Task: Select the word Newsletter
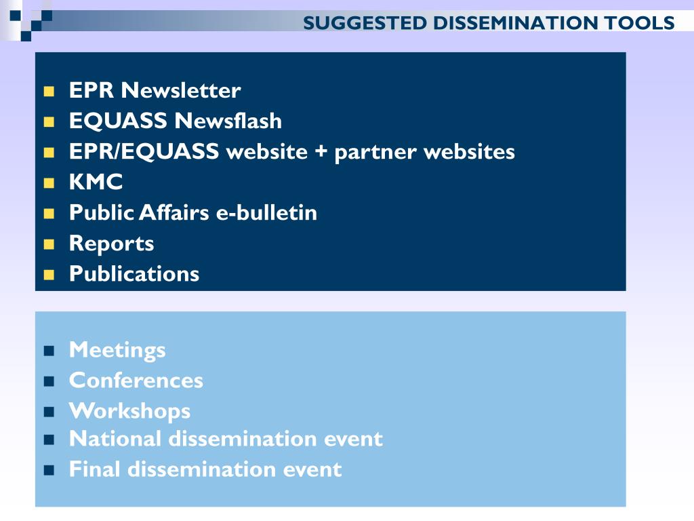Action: [181, 90]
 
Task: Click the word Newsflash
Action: [228, 121]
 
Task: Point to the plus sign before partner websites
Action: [321, 151]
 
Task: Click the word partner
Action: [375, 153]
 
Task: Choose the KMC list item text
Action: [96, 182]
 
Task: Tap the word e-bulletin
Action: [266, 212]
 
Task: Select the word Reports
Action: [112, 244]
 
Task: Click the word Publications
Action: [134, 274]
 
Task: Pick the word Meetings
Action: [117, 351]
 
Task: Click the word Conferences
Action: [136, 381]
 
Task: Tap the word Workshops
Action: [130, 412]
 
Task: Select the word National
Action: [115, 439]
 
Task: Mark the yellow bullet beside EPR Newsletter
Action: [49, 92]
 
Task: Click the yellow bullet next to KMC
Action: [49, 183]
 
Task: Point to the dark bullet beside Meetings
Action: [49, 351]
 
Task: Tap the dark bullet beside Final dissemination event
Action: [49, 470]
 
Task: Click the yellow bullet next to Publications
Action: [49, 275]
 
